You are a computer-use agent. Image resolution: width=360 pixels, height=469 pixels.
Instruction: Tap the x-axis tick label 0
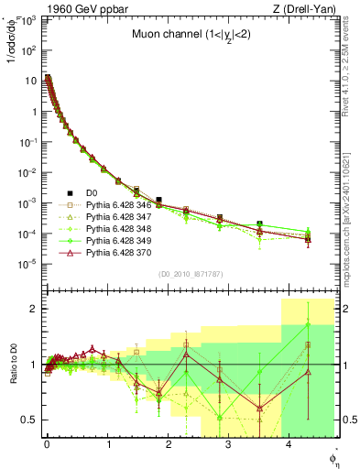(x=46, y=445)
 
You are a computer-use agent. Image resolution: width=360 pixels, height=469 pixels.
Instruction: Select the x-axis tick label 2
(x=168, y=445)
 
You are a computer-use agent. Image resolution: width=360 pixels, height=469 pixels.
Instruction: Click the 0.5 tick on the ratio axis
(x=29, y=420)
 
